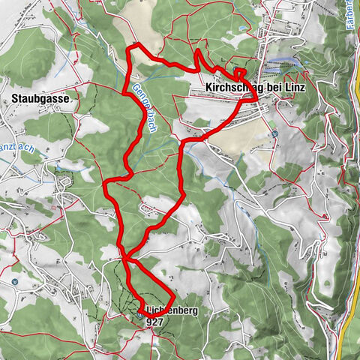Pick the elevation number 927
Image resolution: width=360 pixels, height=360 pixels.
[155, 321]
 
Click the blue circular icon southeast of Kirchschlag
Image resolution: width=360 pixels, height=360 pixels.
[275, 134]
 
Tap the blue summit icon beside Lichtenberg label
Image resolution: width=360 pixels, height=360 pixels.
[141, 315]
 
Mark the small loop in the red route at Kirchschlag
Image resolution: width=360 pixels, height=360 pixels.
[240, 73]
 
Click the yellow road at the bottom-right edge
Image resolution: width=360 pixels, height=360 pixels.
[348, 330]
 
